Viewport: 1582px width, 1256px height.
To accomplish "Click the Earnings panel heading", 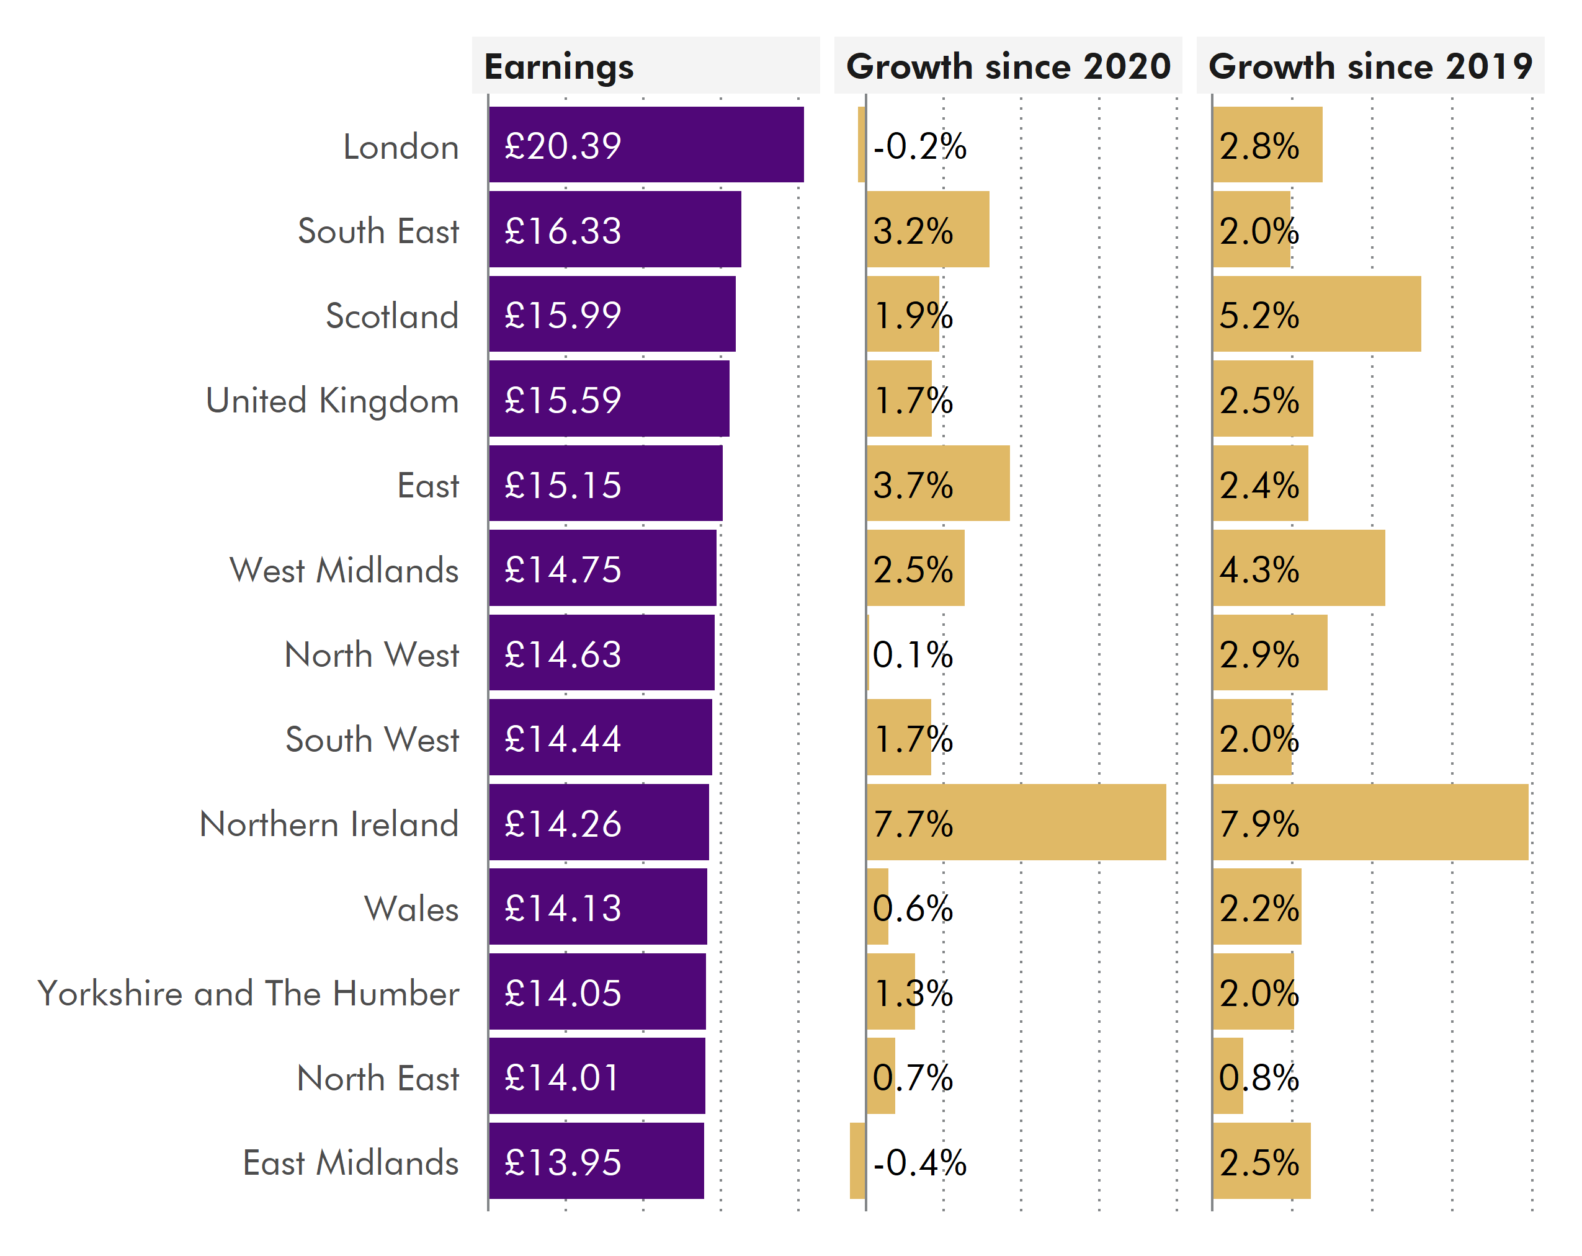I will (558, 67).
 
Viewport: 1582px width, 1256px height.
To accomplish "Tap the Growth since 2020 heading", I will (1008, 67).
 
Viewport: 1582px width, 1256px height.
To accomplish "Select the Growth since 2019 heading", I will (1370, 67).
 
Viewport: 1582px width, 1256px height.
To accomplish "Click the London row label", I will (401, 147).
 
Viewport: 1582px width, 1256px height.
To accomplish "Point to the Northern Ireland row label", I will (329, 823).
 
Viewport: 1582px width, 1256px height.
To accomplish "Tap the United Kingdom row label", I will (332, 401).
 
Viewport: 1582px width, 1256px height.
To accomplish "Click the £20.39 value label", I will (563, 145).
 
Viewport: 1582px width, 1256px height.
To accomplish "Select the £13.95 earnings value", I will (563, 1162).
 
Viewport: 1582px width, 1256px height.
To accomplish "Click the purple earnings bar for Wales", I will (660, 907).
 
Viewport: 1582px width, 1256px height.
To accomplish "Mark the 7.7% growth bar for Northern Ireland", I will (1057, 822).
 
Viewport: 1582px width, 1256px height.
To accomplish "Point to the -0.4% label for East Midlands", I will (919, 1162).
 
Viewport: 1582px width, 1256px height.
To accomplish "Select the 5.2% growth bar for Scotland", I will (1357, 314).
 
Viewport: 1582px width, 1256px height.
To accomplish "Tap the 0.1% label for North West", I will (912, 654).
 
